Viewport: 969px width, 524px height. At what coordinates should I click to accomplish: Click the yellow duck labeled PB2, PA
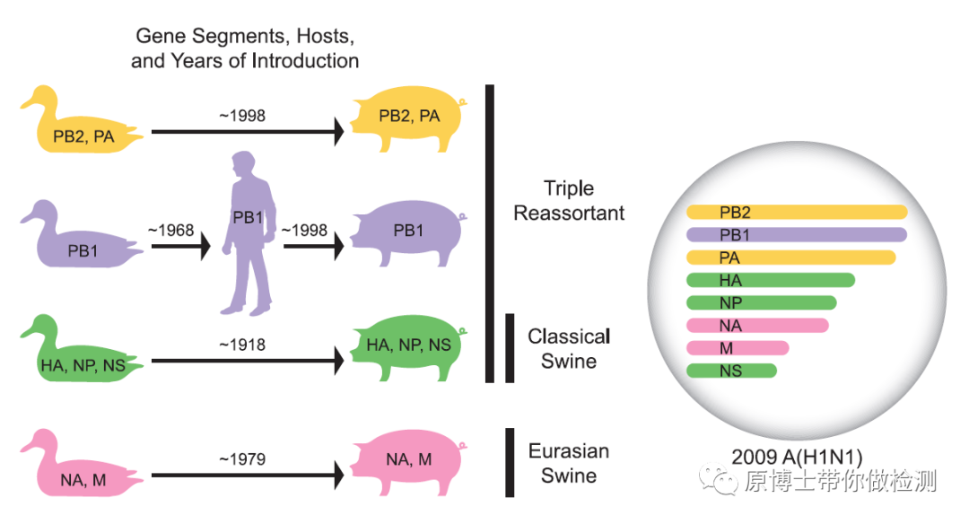pos(81,131)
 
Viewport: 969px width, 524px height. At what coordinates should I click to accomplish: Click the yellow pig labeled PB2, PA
pos(409,118)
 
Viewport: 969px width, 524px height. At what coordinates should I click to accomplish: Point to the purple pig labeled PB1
pos(409,231)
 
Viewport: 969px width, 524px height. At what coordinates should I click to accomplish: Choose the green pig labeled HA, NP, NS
pos(409,345)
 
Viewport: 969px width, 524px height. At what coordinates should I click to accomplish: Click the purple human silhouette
pos(249,233)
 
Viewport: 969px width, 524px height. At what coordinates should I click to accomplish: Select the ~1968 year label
pos(170,230)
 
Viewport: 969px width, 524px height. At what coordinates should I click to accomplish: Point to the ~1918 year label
pos(242,345)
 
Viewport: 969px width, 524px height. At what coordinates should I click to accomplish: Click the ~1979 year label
pos(242,458)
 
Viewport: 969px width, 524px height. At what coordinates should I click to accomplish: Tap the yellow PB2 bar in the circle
pos(797,213)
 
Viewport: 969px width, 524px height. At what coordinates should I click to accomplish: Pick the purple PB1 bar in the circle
pos(797,235)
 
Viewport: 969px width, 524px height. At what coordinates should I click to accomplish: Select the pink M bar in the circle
pos(738,348)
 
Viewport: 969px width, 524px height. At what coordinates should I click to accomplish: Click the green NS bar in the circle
pos(731,371)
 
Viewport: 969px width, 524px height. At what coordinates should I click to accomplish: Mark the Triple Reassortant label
pos(570,200)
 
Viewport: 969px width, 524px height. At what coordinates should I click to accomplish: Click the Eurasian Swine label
pos(569,463)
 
